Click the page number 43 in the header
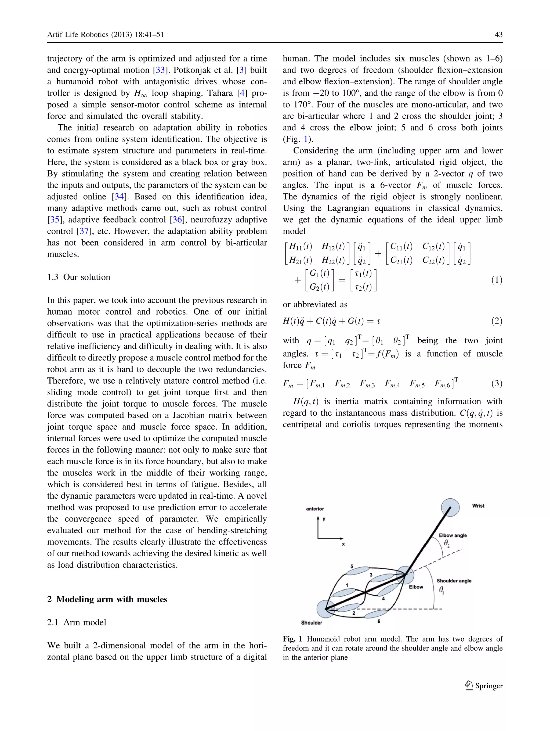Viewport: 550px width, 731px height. click(498, 34)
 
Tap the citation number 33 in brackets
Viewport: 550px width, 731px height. click(160, 70)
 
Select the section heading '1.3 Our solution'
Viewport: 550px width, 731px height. click(79, 277)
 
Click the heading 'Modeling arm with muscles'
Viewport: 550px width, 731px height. click(112, 599)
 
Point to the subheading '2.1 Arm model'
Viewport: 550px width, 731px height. click(77, 622)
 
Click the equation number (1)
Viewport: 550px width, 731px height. click(497, 280)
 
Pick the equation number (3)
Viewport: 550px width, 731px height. click(497, 383)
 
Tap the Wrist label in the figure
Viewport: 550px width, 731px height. click(478, 506)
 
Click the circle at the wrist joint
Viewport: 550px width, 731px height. click(450, 507)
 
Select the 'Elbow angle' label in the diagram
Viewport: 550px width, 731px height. click(453, 535)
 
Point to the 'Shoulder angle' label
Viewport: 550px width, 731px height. click(454, 581)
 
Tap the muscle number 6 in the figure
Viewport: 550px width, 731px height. click(379, 621)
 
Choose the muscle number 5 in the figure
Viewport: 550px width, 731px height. click(352, 566)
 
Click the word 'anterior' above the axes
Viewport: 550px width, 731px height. click(315, 509)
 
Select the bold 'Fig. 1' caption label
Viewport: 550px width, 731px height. click(292, 639)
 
